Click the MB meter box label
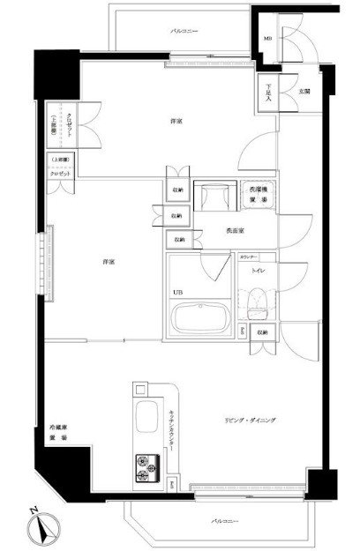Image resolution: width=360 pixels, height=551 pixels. coord(268,39)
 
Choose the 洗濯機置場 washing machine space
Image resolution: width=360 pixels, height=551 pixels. coord(257,196)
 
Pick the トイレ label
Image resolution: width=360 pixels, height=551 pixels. coord(259,272)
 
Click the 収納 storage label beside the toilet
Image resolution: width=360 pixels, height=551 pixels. coord(263,332)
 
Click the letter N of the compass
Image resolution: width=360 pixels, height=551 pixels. coord(32,510)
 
